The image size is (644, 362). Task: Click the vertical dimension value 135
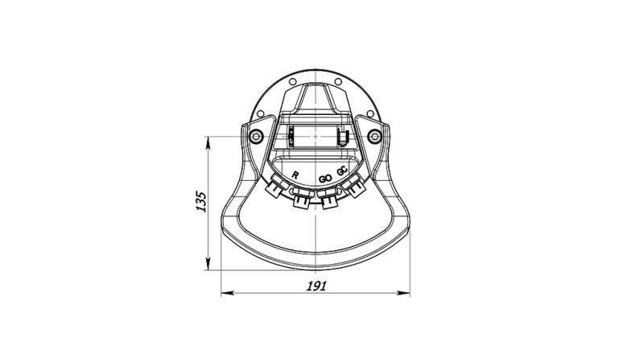pyautogui.click(x=202, y=202)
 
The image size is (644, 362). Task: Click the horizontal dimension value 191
pyautogui.click(x=316, y=287)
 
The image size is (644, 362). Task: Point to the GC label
pyautogui.click(x=344, y=171)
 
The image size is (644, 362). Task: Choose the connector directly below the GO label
pyautogui.click(x=328, y=201)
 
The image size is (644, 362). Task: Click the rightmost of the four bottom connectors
pyautogui.click(x=355, y=189)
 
